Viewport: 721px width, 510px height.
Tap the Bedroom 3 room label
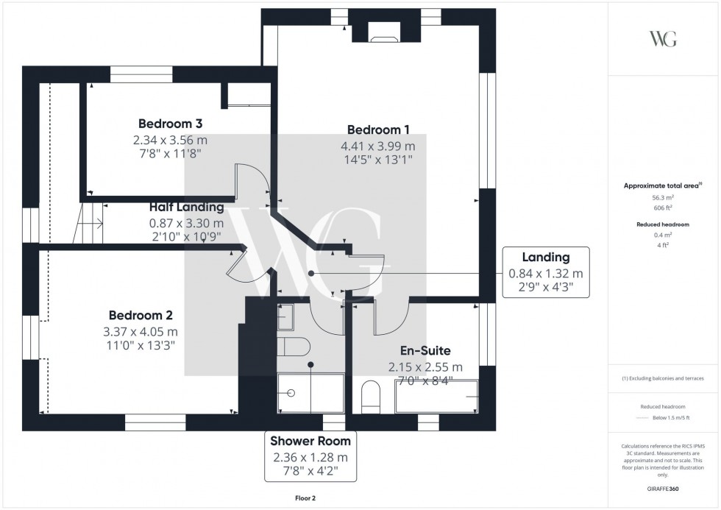click(170, 123)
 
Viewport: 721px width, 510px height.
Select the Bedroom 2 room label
click(141, 315)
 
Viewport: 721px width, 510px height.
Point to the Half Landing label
click(186, 208)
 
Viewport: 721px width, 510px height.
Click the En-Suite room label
click(425, 351)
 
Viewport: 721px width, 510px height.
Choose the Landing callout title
click(546, 257)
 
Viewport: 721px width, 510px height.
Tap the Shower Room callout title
click(310, 441)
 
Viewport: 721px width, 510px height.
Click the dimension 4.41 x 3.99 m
click(377, 146)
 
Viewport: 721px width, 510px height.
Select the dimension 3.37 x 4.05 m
click(141, 332)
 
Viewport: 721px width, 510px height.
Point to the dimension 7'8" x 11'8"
click(170, 154)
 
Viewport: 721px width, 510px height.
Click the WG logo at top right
click(663, 39)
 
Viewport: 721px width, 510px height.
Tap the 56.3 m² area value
click(664, 197)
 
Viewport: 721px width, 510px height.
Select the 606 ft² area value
click(664, 208)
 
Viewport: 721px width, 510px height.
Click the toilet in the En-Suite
click(370, 397)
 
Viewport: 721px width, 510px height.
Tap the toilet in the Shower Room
click(295, 347)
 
